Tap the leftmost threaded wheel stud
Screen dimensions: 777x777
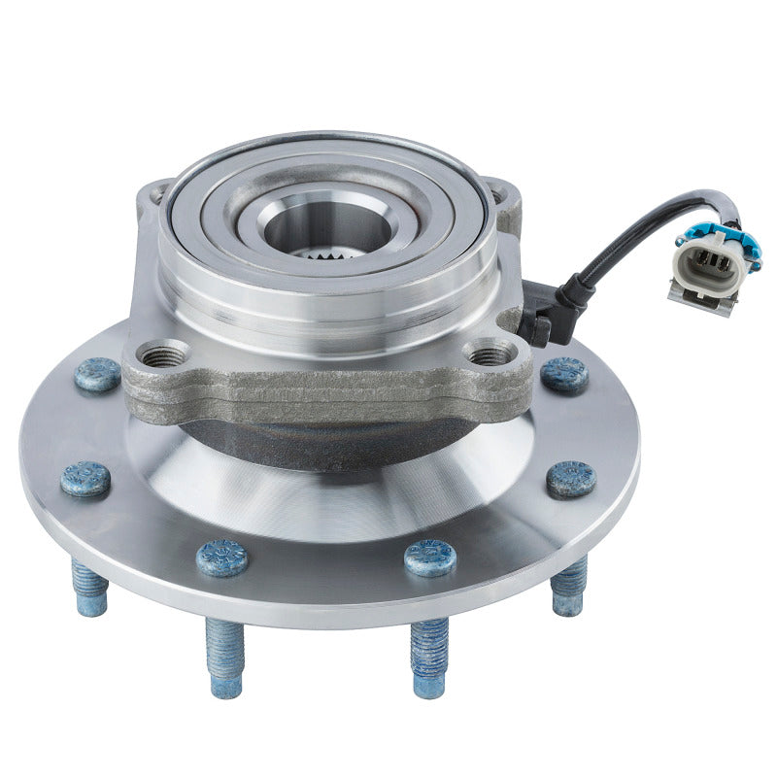[x=88, y=590]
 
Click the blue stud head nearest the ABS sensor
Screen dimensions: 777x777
[x=564, y=374]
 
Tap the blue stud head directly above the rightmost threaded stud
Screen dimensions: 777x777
[x=571, y=478]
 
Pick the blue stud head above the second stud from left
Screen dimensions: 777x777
[x=222, y=557]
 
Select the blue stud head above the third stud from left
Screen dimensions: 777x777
[x=430, y=557]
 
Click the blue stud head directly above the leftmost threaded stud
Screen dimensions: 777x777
[x=85, y=479]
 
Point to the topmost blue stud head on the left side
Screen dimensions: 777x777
[x=97, y=374]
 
